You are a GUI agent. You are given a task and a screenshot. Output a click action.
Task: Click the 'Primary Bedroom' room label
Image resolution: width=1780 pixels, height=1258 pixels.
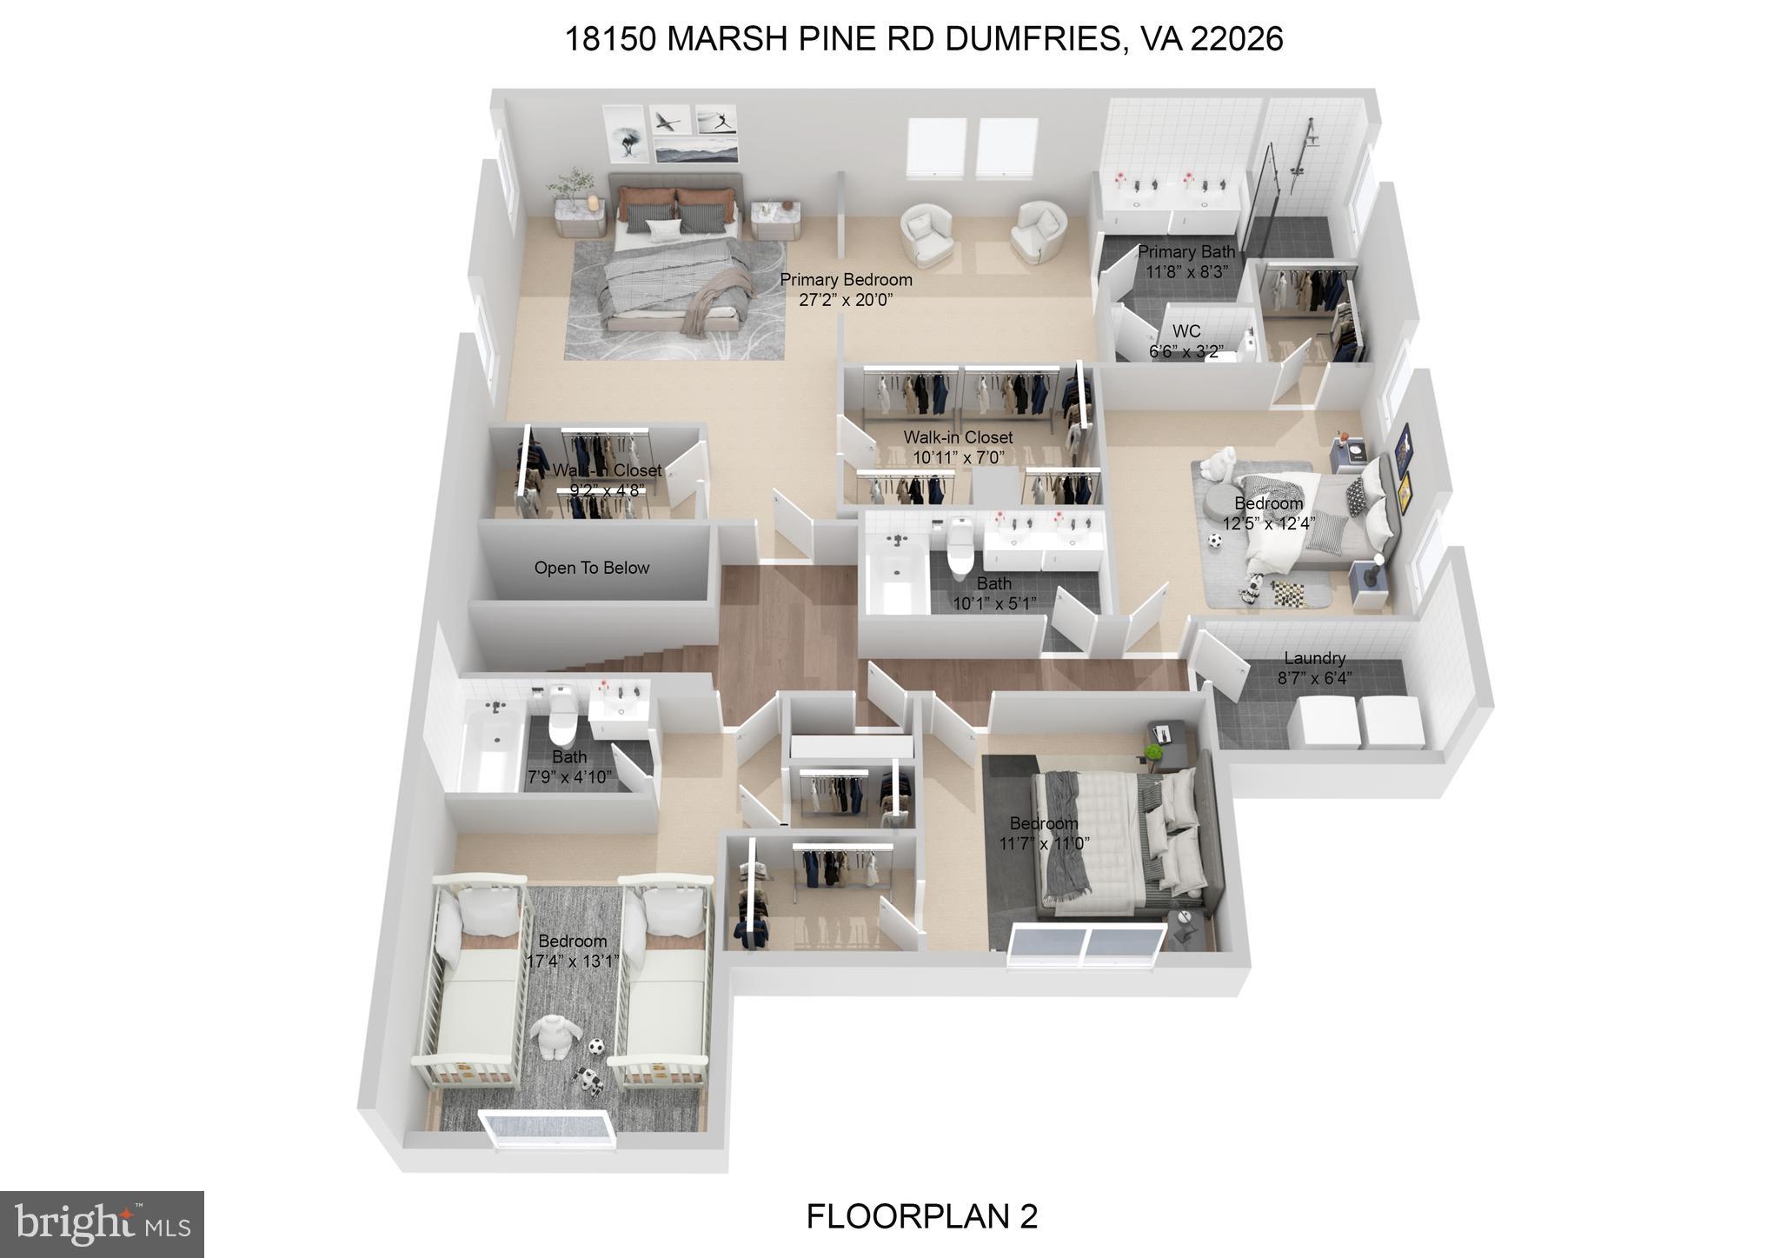845,280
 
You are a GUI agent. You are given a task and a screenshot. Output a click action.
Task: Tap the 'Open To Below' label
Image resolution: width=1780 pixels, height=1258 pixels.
591,568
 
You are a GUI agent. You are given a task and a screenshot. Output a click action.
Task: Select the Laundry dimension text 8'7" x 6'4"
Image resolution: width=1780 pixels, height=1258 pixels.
1314,678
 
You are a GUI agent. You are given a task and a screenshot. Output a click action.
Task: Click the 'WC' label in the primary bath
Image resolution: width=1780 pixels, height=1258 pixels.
1186,331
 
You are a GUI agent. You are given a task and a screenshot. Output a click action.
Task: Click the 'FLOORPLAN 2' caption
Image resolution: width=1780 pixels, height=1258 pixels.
921,1216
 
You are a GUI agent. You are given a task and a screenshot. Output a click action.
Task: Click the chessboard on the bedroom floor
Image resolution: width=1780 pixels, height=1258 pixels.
1289,595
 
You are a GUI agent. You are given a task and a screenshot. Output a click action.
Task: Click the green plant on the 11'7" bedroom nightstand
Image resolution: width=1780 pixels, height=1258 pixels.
1153,750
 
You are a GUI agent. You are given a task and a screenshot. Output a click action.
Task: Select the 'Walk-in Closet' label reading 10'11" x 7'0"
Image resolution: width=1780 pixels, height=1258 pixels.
958,437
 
